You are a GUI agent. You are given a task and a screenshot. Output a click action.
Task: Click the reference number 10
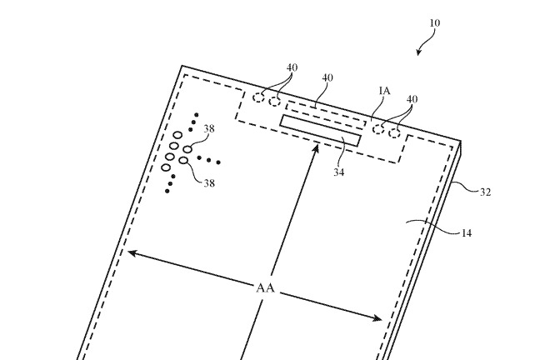point(435,23)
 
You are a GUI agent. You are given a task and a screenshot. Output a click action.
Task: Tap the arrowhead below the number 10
point(418,52)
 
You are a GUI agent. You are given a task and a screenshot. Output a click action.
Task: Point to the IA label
point(384,91)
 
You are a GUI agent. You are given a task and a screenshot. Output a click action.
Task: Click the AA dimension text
point(265,288)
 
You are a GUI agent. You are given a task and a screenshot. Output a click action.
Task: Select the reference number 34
point(339,172)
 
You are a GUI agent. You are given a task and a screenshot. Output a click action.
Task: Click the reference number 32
point(485,192)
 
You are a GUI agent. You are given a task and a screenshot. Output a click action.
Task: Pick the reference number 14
point(466,233)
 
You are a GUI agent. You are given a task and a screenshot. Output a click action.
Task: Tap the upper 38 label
point(209,129)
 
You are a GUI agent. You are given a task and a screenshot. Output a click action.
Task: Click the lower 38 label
point(209,183)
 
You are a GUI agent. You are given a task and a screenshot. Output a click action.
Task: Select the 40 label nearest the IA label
point(412,99)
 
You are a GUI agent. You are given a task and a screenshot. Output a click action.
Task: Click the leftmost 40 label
point(292,67)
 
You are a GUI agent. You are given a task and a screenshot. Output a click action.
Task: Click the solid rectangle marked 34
point(320,131)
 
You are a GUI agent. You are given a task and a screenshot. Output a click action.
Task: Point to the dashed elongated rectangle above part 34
point(326,114)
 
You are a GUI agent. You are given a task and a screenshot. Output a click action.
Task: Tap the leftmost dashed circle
point(258,97)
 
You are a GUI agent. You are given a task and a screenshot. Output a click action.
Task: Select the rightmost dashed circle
point(395,133)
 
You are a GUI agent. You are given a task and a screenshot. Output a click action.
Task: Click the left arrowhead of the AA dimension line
point(132,252)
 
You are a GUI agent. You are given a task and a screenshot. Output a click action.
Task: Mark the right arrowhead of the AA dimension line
point(377,318)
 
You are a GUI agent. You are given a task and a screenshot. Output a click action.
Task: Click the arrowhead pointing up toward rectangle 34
point(316,149)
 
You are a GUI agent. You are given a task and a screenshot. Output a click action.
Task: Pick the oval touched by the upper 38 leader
point(188,150)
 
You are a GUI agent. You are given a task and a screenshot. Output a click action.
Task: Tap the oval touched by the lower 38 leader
point(184,161)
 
